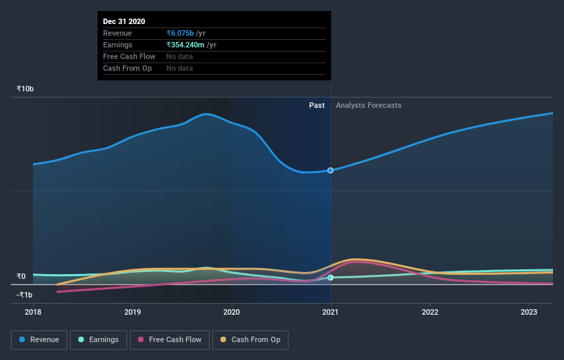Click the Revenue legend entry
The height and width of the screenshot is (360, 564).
[39, 339]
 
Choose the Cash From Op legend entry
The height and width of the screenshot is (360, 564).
[251, 339]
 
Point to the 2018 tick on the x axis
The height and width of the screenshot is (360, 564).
[33, 312]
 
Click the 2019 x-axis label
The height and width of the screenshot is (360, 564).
[133, 312]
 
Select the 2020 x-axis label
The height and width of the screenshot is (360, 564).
[232, 312]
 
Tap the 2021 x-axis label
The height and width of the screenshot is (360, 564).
[331, 312]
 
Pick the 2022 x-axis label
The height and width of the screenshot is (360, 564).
[430, 312]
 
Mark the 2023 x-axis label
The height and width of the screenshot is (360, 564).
[530, 312]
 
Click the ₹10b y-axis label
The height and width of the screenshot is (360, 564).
[25, 89]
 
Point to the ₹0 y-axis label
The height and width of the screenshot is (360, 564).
[21, 277]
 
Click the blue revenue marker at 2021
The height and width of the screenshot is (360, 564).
[331, 170]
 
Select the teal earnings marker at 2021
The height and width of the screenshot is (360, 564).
[331, 278]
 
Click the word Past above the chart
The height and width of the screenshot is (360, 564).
[317, 105]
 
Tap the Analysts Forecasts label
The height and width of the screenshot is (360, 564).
[369, 105]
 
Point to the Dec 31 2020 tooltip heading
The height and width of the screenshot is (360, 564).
[124, 21]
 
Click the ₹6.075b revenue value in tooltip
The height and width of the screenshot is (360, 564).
[180, 33]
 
